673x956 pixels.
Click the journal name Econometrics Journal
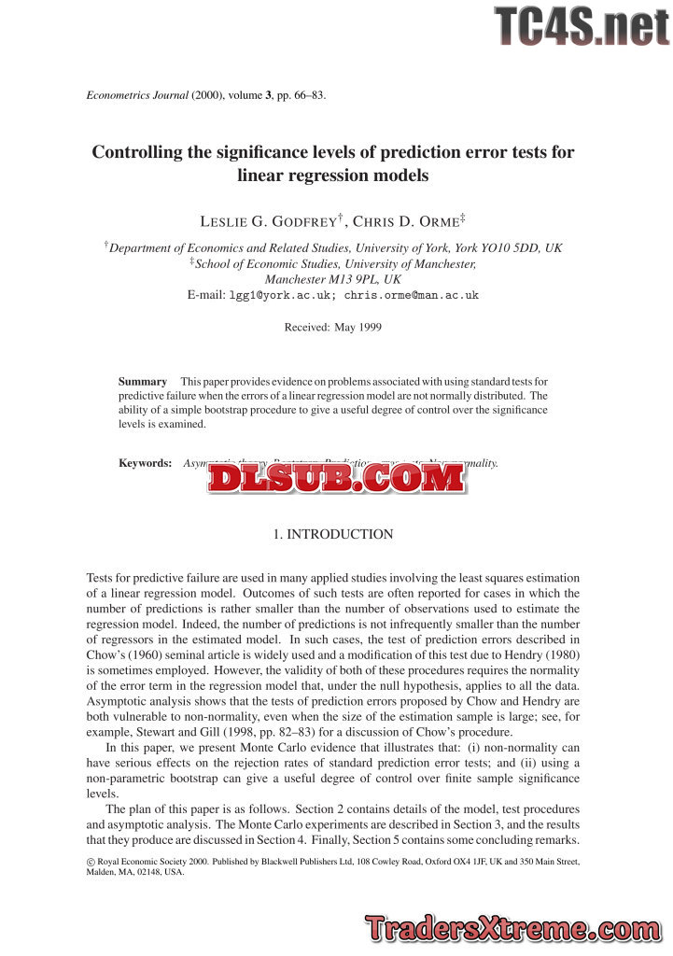click(137, 95)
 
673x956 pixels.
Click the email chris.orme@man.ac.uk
click(411, 295)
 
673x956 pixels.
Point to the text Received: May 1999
click(332, 327)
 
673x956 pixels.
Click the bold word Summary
click(142, 381)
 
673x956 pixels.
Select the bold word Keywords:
click(145, 462)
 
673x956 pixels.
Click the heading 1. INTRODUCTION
click(332, 535)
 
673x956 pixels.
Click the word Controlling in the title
click(137, 152)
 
